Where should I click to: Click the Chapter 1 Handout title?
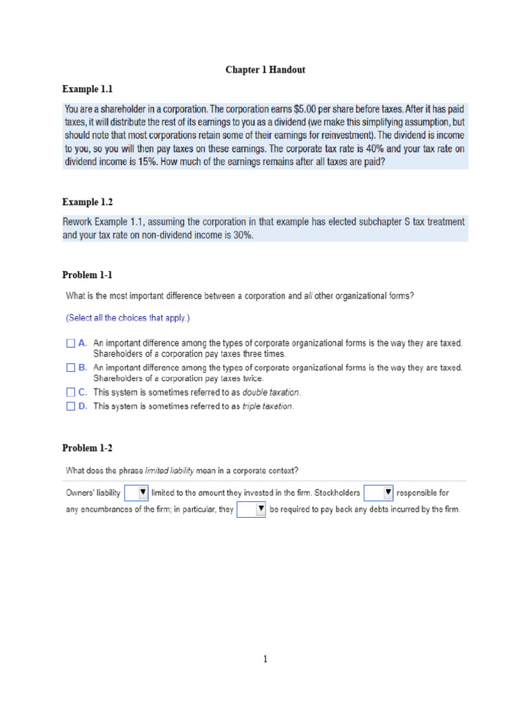(265, 70)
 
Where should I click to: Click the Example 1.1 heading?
(87, 89)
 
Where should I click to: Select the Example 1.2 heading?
(87, 202)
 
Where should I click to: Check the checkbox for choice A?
(70, 342)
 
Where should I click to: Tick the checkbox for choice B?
(70, 368)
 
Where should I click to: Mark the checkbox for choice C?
(70, 393)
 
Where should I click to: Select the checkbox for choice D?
(70, 407)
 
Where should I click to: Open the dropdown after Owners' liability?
(137, 493)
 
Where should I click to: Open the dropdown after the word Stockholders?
(378, 493)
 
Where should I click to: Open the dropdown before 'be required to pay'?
(252, 510)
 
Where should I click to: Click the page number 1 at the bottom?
(265, 659)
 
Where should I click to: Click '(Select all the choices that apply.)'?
(128, 318)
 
